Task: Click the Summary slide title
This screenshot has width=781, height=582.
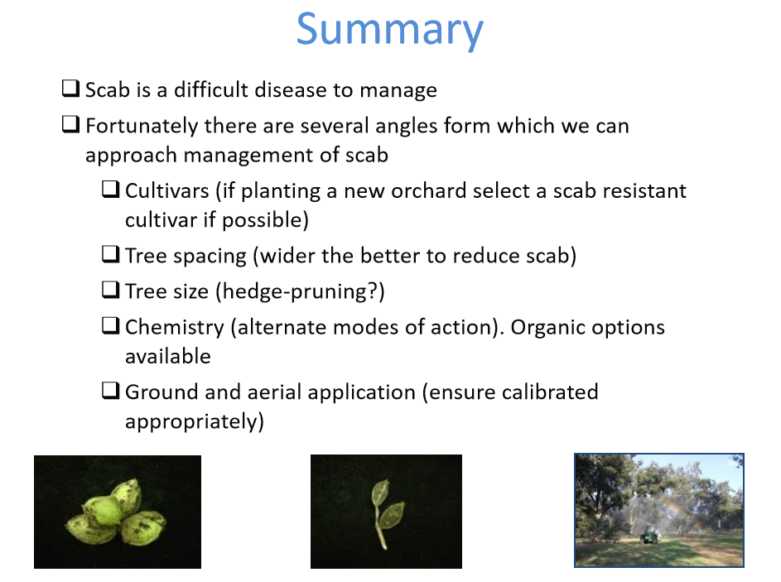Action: tap(389, 30)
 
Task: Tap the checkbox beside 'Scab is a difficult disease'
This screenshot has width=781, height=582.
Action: tap(70, 88)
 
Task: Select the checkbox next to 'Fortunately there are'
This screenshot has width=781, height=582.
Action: tap(70, 124)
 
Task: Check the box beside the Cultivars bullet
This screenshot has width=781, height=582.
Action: tap(111, 190)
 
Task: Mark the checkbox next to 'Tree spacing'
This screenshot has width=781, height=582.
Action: tap(111, 254)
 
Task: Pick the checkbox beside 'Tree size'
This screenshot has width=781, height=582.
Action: tap(111, 289)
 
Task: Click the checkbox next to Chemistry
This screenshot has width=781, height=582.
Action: tap(111, 325)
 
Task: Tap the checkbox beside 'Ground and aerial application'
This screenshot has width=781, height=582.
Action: tap(111, 390)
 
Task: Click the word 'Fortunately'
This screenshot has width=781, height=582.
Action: tap(142, 127)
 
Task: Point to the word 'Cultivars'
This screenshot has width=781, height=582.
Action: tap(166, 190)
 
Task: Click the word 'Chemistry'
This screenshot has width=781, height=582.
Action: tap(174, 328)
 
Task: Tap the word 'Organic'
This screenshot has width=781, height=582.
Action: tap(541, 328)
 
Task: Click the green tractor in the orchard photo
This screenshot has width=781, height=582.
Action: tap(650, 535)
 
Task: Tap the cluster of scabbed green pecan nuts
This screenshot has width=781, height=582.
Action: tap(116, 512)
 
